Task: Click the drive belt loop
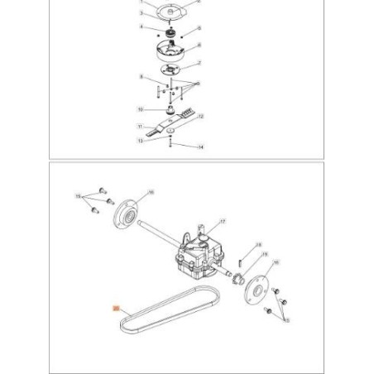[x=165, y=323]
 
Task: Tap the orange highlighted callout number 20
[x=117, y=308]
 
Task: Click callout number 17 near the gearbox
[x=222, y=223]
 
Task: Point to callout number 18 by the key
[x=259, y=245]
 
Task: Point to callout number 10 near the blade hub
[x=141, y=109]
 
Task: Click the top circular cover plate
[x=170, y=14]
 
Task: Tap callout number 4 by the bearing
[x=142, y=29]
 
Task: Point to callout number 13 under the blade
[x=141, y=141]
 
